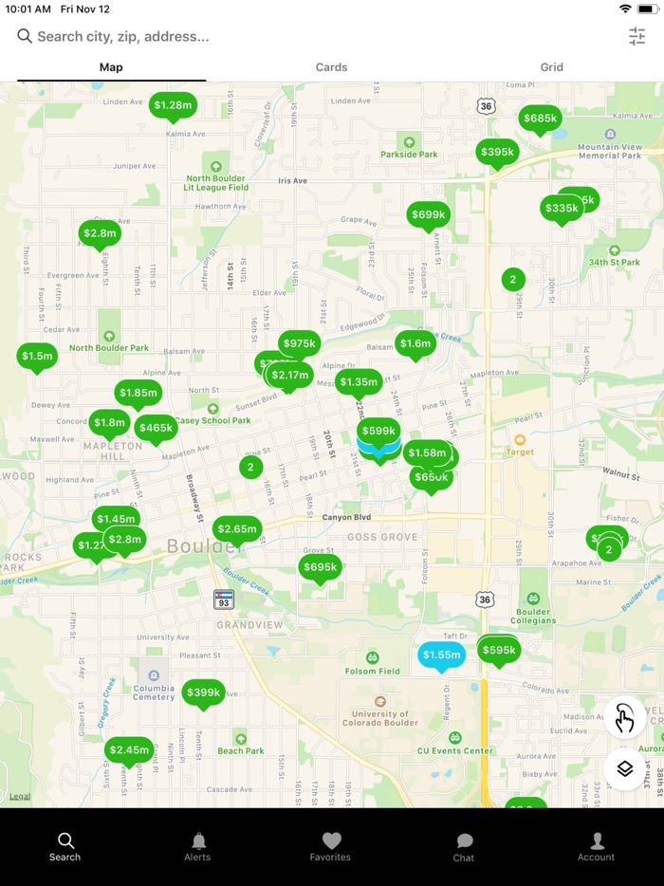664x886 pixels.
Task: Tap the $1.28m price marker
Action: coord(173,105)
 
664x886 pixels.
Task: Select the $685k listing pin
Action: coord(540,119)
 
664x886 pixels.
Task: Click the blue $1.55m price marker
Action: coord(441,655)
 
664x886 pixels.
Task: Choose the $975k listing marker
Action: coord(299,343)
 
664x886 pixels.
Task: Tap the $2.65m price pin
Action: coord(237,529)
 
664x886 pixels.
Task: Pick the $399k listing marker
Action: coord(203,692)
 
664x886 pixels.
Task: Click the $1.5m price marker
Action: coord(37,356)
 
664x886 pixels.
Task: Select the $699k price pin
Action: coord(428,214)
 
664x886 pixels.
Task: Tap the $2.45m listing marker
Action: coord(129,749)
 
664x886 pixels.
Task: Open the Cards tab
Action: coord(331,67)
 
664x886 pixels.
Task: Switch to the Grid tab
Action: coord(551,67)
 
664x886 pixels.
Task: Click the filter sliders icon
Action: coord(636,36)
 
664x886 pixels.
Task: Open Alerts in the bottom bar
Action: coord(197,846)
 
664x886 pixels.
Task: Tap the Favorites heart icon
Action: coord(330,841)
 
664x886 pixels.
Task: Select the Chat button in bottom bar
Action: coord(464,846)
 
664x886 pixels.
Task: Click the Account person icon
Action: coord(597,841)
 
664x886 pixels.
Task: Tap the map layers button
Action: coord(624,768)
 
